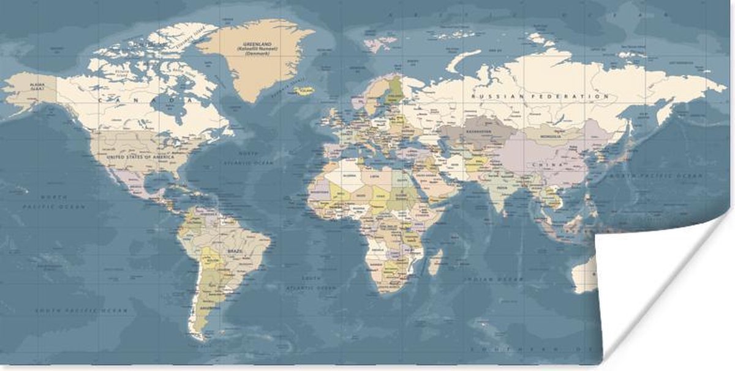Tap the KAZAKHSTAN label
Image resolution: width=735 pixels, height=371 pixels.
477,132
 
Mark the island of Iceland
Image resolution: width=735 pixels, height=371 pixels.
303,91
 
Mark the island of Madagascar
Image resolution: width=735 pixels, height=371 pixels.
435,261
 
